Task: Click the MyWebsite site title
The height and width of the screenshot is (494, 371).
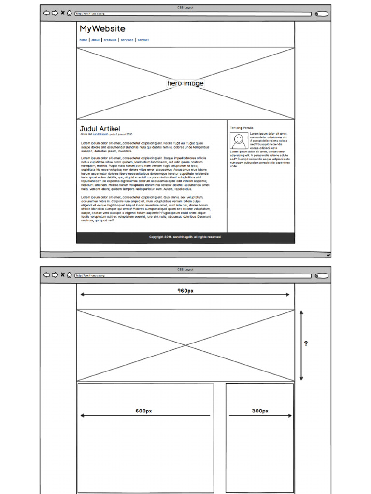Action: coord(102,29)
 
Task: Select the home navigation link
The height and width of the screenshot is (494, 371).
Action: coord(84,40)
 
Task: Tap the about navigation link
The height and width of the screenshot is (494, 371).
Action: coord(96,40)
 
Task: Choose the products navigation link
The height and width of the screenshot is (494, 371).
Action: coord(110,40)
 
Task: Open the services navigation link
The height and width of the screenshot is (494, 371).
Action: coord(127,40)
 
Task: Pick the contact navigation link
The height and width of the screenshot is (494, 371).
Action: coord(143,40)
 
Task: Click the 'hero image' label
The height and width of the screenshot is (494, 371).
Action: coord(185,83)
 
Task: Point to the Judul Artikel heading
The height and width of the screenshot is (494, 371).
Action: coord(100,129)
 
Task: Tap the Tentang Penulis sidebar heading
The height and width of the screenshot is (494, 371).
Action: coord(242,128)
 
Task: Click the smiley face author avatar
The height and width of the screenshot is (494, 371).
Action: coord(239,141)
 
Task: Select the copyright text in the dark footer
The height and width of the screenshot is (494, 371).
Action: coord(185,237)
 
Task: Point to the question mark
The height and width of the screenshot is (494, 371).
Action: coord(306,344)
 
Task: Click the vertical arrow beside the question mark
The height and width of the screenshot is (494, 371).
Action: coord(301,345)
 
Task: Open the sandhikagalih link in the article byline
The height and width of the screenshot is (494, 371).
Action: coord(100,134)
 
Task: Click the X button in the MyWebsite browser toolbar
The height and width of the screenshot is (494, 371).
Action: coord(62,13)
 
